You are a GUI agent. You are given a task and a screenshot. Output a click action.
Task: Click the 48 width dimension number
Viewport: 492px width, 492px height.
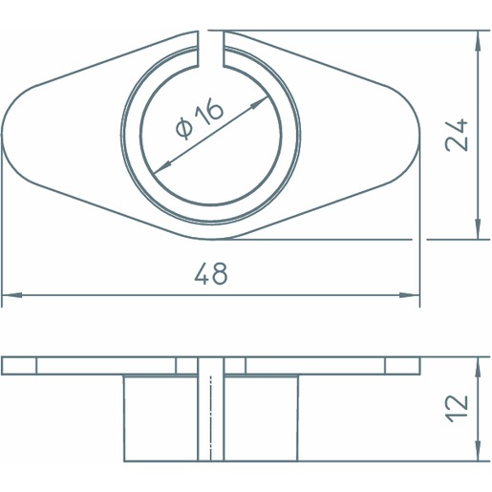click(211, 274)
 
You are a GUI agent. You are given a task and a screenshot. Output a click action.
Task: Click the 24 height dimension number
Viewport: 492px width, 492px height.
click(457, 135)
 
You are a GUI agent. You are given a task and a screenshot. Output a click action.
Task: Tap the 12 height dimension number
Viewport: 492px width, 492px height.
click(457, 409)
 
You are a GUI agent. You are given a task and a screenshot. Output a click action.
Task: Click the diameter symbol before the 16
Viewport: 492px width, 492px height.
click(184, 128)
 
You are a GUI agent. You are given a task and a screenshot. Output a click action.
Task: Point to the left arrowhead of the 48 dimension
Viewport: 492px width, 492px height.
click(12, 295)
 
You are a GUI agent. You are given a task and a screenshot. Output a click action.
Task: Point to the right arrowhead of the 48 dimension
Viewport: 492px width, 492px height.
click(410, 295)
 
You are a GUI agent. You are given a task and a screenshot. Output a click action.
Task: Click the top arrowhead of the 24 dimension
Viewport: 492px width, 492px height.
click(478, 41)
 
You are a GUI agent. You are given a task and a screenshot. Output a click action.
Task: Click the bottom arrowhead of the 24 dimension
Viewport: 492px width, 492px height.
click(478, 228)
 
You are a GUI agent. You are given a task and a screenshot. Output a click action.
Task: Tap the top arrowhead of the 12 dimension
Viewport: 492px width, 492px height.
click(478, 368)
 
